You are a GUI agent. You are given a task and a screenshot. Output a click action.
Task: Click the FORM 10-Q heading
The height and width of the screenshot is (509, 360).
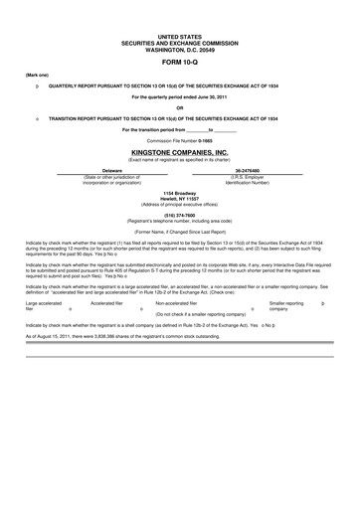pyautogui.click(x=179, y=62)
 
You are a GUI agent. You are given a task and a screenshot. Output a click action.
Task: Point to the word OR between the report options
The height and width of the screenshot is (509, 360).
pyautogui.click(x=179, y=107)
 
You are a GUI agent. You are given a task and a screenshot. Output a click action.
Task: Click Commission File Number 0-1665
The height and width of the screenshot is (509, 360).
pyautogui.click(x=179, y=140)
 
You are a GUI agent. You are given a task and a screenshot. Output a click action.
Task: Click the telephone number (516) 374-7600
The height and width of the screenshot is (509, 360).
pyautogui.click(x=179, y=213)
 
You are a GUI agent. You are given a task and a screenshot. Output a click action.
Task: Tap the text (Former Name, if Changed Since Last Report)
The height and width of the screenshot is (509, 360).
pyautogui.click(x=179, y=231)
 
